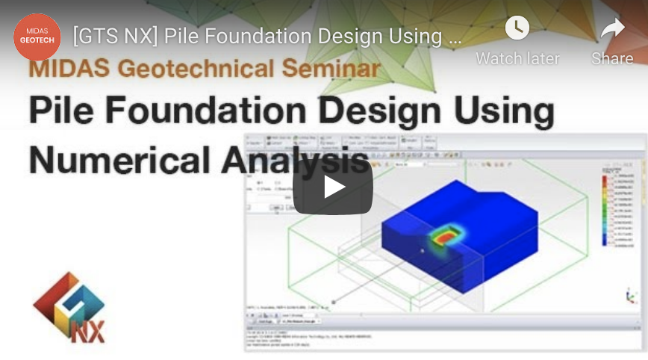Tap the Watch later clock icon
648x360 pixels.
pyautogui.click(x=517, y=28)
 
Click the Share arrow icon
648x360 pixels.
pyautogui.click(x=612, y=29)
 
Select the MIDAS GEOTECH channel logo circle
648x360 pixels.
pyautogui.click(x=37, y=37)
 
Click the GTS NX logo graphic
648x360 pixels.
pyautogui.click(x=69, y=307)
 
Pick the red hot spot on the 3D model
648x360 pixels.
pyautogui.click(x=445, y=236)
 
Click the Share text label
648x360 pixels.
pyautogui.click(x=612, y=58)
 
